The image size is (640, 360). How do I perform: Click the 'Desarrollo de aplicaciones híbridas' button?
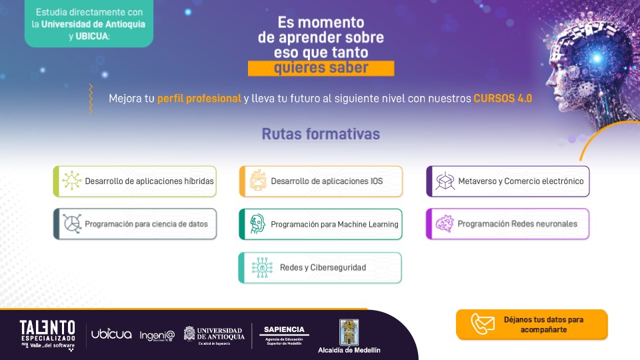[x=135, y=181]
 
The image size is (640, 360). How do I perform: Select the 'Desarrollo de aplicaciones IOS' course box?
[x=321, y=181]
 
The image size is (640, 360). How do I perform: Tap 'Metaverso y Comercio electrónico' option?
[x=508, y=181]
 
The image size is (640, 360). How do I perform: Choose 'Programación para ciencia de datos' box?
[x=135, y=224]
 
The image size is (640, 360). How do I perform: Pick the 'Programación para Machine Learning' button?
[x=321, y=224]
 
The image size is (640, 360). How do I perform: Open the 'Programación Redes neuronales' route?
[x=508, y=224]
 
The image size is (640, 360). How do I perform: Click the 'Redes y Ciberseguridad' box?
[x=321, y=267]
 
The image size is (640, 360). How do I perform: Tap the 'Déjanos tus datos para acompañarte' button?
[x=532, y=324]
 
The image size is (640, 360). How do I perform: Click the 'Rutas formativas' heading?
[x=321, y=134]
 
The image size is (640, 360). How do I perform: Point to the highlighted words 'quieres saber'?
[x=321, y=69]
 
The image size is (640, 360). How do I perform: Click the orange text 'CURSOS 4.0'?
[x=503, y=99]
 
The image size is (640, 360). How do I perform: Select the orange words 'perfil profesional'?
[x=199, y=99]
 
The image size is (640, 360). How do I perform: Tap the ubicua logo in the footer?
[x=111, y=334]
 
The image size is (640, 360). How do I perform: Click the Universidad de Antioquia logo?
[x=214, y=334]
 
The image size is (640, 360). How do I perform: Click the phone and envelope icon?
[x=483, y=323]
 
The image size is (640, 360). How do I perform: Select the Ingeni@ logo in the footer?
[x=157, y=335]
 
